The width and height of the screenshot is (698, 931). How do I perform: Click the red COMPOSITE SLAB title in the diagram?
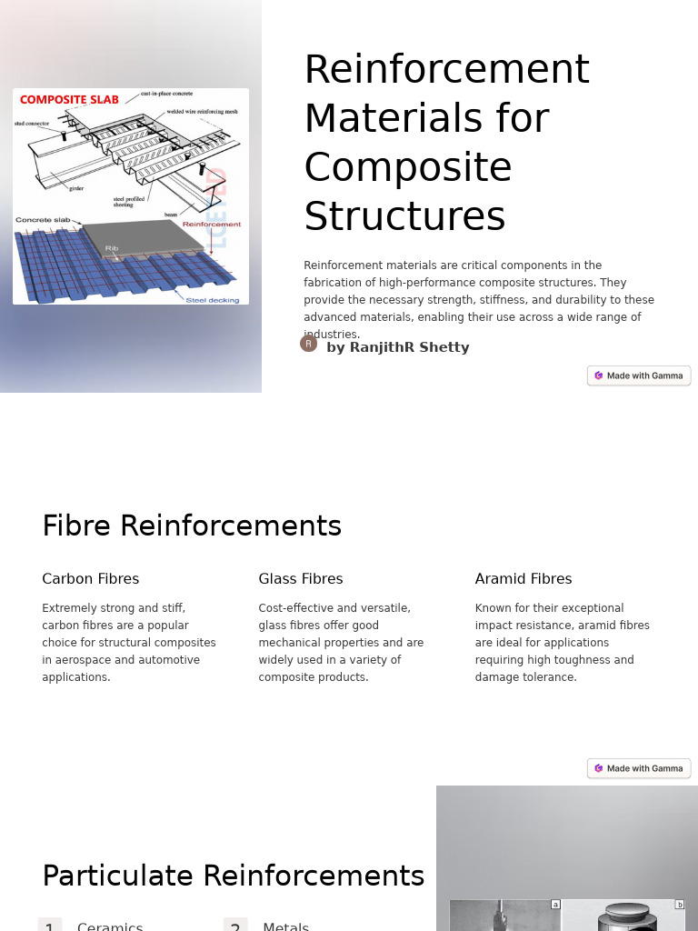69,100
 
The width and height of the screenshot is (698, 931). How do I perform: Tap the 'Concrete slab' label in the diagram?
43,220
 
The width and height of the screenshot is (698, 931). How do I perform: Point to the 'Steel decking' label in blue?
213,299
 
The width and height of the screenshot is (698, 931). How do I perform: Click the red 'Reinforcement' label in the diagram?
212,224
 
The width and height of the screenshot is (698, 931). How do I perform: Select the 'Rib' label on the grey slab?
112,247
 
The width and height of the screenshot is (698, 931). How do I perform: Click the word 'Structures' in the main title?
404,217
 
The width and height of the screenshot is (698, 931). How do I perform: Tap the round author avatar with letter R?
309,344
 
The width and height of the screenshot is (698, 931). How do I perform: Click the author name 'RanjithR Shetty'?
409,347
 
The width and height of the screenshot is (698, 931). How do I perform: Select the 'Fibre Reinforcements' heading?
192,526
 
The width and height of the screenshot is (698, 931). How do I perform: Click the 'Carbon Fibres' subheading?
91,579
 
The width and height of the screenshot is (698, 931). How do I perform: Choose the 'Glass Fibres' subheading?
301,579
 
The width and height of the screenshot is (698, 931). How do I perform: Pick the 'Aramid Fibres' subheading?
523,579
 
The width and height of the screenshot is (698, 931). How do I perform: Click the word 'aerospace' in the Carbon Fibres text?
83,660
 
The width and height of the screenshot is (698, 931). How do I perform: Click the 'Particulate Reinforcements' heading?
234,876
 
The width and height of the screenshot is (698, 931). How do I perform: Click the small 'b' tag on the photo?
679,905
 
